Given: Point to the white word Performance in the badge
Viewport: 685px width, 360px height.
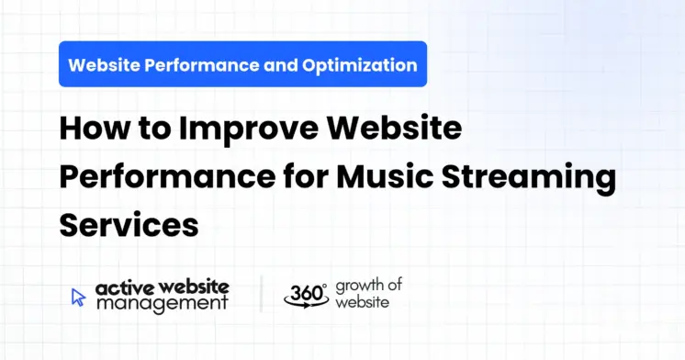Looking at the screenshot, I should [x=203, y=65].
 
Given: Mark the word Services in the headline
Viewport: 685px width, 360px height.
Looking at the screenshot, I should [x=129, y=223].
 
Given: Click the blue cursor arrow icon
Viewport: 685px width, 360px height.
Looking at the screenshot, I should [x=79, y=296].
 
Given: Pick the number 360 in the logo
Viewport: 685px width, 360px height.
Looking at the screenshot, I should [x=302, y=294].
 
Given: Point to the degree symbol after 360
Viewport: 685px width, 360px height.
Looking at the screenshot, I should [x=324, y=286].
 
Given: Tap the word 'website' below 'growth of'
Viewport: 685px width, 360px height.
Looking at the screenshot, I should [x=363, y=302].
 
